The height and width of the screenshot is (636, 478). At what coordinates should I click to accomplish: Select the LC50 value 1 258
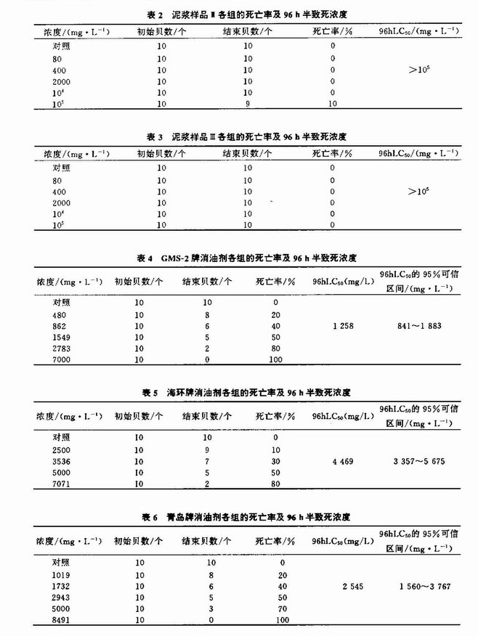coord(343,326)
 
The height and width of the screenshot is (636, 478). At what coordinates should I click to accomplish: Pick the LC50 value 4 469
coord(343,461)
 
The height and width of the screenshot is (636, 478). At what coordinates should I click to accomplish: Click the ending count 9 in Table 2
coord(247,104)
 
